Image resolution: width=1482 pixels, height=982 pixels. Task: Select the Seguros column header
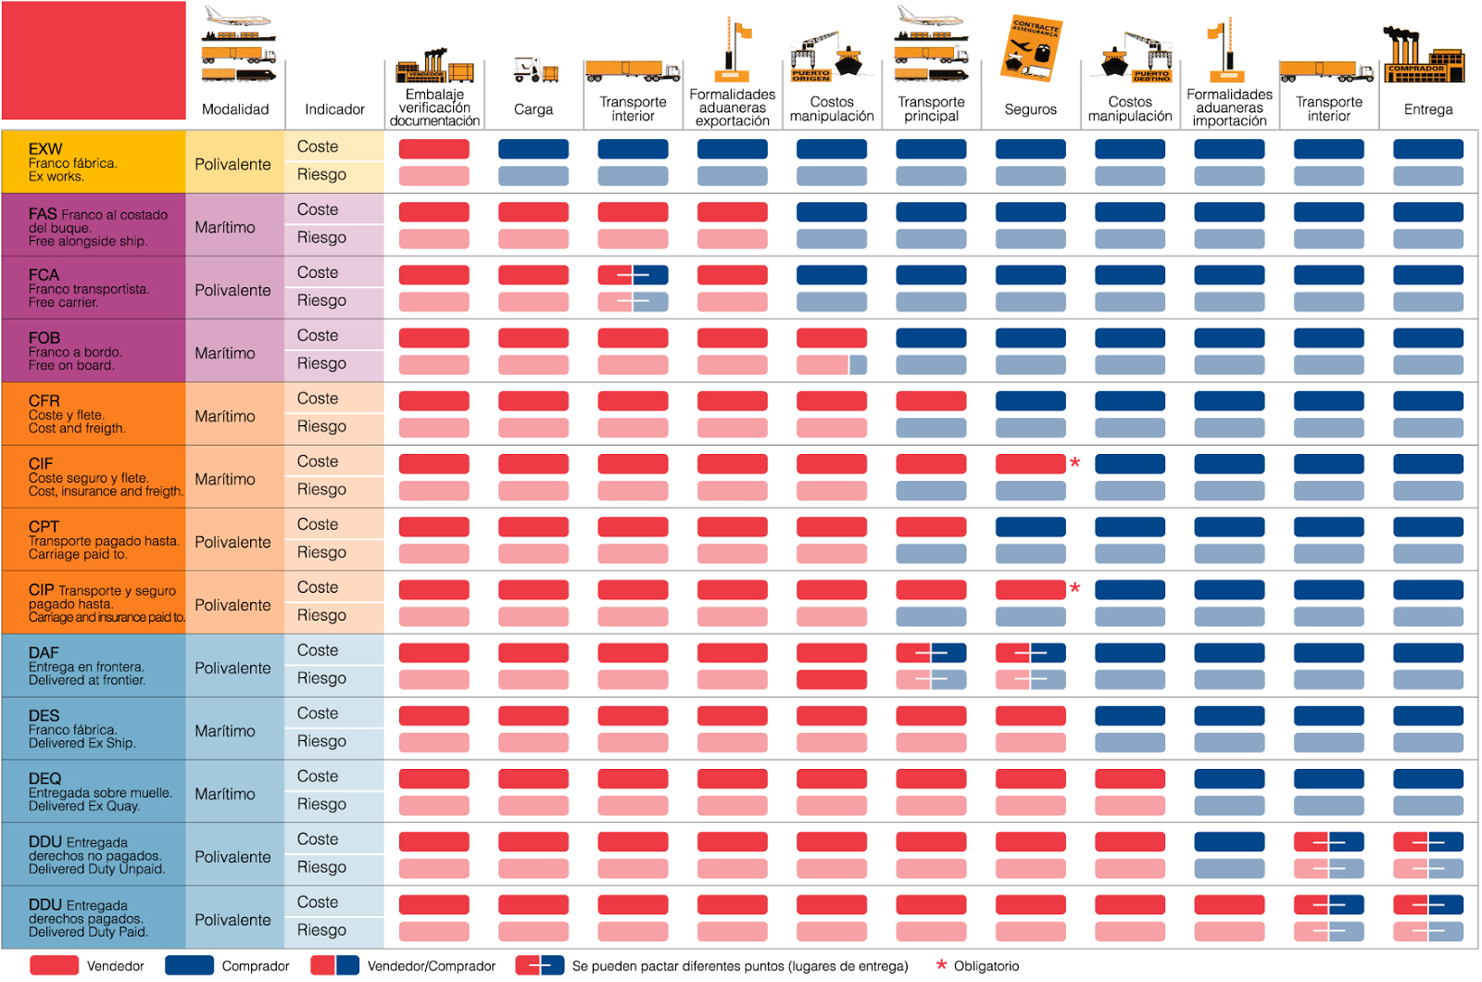tap(1030, 109)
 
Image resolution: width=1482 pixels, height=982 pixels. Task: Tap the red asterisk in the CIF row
tap(1075, 462)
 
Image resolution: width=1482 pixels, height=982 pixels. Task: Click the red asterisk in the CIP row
tap(1075, 588)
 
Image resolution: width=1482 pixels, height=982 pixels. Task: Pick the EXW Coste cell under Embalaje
tap(433, 149)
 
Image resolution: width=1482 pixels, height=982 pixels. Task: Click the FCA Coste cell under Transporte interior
tap(633, 275)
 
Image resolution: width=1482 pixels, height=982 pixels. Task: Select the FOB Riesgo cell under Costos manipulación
tap(831, 365)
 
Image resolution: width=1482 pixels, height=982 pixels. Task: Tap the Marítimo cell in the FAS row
tap(225, 227)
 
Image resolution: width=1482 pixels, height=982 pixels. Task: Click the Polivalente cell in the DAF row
tap(232, 668)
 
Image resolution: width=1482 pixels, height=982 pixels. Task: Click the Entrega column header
tap(1427, 109)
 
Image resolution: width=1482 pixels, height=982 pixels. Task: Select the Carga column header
tap(534, 109)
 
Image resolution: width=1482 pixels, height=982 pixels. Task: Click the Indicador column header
tap(334, 109)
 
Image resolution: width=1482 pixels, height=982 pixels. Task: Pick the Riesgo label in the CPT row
tap(321, 552)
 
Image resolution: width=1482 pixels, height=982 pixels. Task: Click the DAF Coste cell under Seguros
tap(1030, 653)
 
